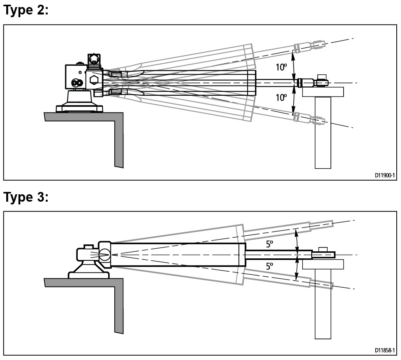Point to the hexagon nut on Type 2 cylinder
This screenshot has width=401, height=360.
pos(94,80)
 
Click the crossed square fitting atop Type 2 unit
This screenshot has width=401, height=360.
pos(94,60)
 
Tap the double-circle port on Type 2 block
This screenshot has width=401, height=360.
pos(77,83)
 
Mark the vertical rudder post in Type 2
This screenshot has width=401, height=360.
pos(323,133)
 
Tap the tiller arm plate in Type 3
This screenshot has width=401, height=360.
pos(322,264)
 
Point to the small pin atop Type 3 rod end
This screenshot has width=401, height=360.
pos(322,249)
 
